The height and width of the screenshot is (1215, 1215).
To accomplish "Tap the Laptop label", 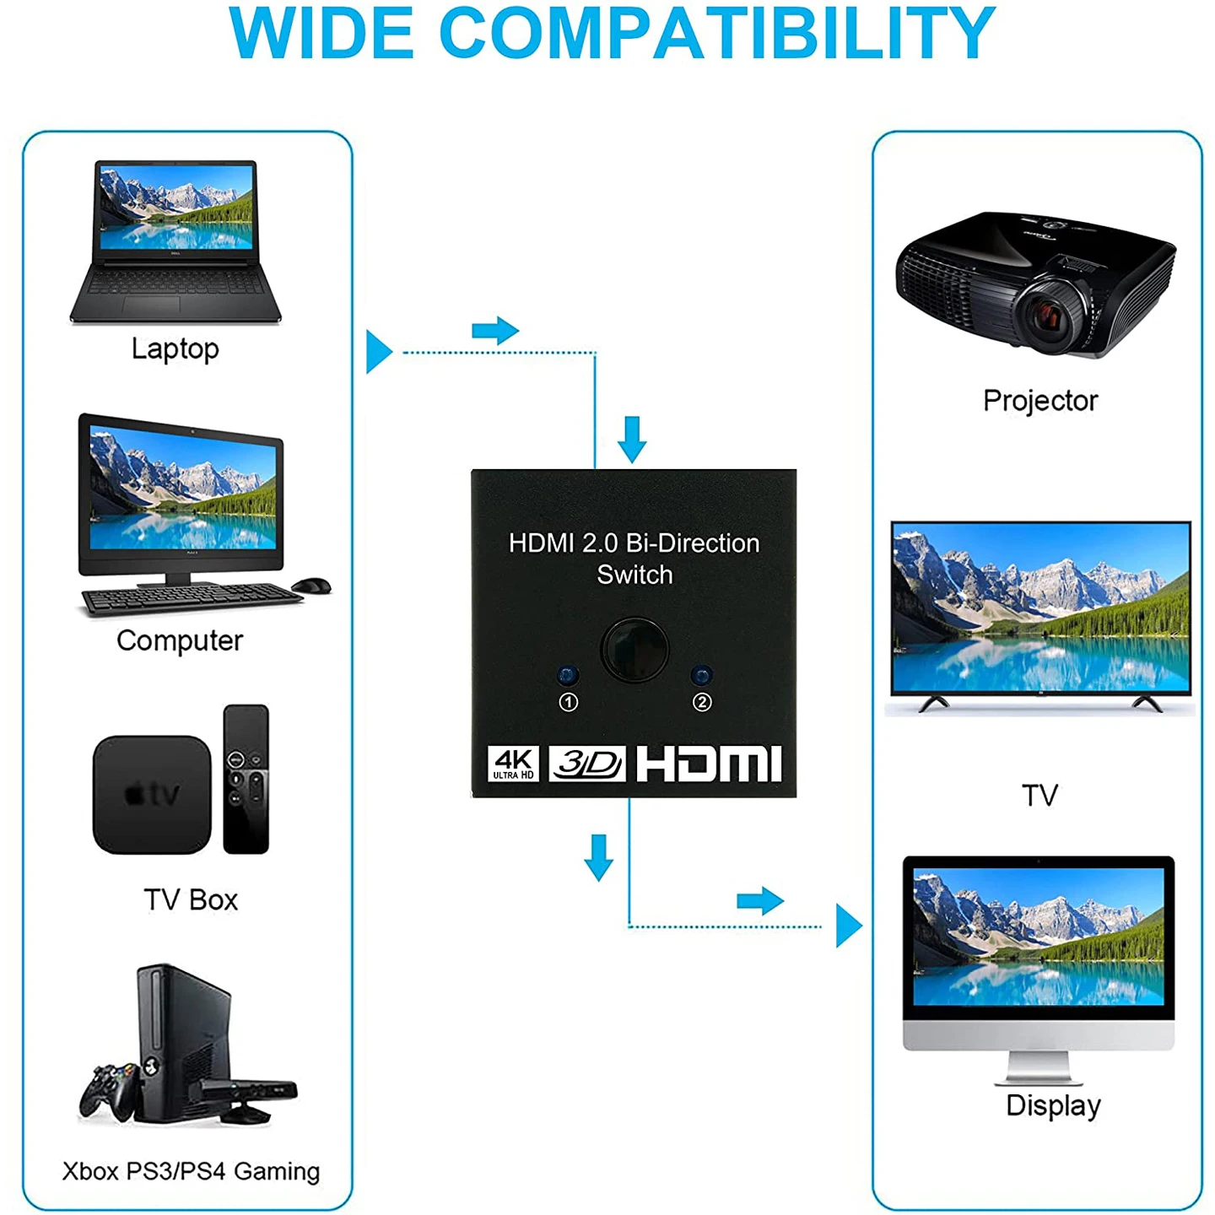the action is [x=175, y=348].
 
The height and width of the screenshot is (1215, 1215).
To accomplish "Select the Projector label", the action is [x=1040, y=401].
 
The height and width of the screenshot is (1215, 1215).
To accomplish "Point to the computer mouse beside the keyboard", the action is [x=311, y=585].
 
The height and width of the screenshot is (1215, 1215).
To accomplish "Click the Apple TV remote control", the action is [x=246, y=779].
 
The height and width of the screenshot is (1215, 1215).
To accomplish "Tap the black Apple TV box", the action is [x=152, y=795].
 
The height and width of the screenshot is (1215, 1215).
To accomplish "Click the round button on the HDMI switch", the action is [x=634, y=650].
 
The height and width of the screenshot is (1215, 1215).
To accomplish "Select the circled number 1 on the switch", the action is [x=569, y=702].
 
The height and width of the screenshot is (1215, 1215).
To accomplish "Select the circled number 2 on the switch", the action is [x=702, y=702].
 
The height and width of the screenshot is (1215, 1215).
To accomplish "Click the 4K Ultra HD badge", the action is [x=513, y=764].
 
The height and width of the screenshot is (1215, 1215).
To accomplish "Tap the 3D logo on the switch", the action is [x=587, y=764].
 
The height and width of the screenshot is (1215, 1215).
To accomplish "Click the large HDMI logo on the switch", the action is [x=710, y=764].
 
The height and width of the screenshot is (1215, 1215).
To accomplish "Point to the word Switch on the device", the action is [x=635, y=575].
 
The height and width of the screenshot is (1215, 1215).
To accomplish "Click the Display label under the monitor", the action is [x=1053, y=1105].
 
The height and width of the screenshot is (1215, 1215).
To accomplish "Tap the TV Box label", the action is [x=191, y=899].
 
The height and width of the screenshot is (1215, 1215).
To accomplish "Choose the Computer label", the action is [x=180, y=641].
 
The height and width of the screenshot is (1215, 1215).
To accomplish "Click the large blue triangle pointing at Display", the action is [x=849, y=926].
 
